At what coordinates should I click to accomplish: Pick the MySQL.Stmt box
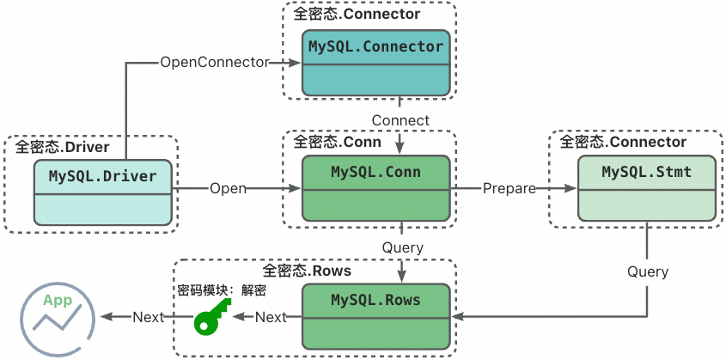point(646,188)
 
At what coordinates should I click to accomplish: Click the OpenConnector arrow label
point(215,62)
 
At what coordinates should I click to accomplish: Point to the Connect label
point(401,119)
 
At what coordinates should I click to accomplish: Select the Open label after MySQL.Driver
point(229,188)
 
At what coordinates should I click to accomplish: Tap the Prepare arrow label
point(509,188)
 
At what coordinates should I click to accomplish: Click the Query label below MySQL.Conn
point(402,247)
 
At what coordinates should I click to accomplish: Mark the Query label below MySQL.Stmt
point(647,272)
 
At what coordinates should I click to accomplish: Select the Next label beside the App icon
point(148,317)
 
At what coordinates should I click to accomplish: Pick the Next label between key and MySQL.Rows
point(271,317)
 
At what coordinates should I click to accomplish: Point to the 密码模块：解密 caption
point(222,290)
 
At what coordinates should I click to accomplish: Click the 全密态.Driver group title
point(61,147)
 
